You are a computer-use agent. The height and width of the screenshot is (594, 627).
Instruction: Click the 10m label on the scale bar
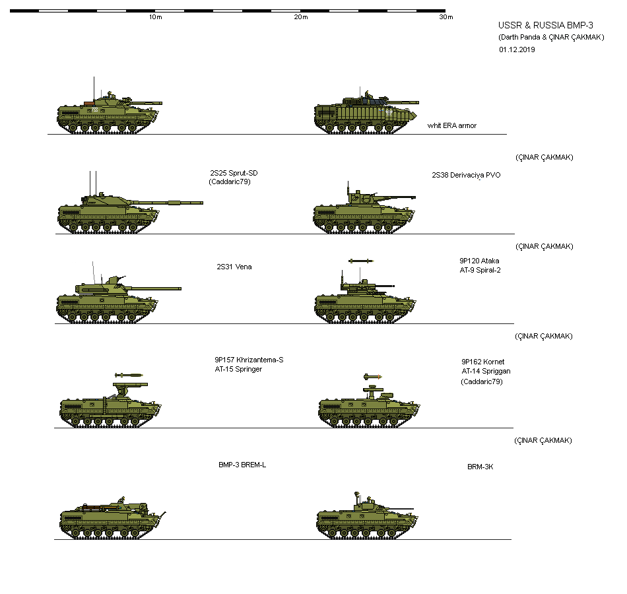tap(156, 17)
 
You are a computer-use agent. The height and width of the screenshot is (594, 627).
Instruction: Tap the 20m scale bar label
tap(301, 17)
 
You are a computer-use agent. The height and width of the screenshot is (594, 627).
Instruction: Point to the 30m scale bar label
tap(446, 17)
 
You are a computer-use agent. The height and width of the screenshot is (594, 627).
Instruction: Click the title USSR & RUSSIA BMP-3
tap(536, 25)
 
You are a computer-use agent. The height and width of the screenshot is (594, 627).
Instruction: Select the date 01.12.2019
tap(517, 49)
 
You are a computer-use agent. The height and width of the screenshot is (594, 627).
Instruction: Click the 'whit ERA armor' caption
tap(451, 125)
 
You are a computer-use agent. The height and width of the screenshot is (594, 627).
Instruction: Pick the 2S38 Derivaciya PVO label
tap(466, 175)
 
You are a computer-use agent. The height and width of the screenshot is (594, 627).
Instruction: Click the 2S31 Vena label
tap(234, 267)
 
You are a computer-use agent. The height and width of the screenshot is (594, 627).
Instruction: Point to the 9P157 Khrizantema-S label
tap(248, 360)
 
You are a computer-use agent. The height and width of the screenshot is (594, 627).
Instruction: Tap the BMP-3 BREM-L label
tap(242, 465)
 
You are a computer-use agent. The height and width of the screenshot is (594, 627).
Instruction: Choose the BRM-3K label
tap(480, 467)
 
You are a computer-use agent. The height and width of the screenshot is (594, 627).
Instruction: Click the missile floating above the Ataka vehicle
tap(361, 261)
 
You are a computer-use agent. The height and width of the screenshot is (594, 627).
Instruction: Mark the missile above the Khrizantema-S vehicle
tap(129, 375)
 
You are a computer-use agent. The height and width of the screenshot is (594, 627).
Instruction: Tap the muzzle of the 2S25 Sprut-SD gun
tap(201, 202)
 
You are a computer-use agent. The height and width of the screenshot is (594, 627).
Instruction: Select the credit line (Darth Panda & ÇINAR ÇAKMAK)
tap(551, 37)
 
